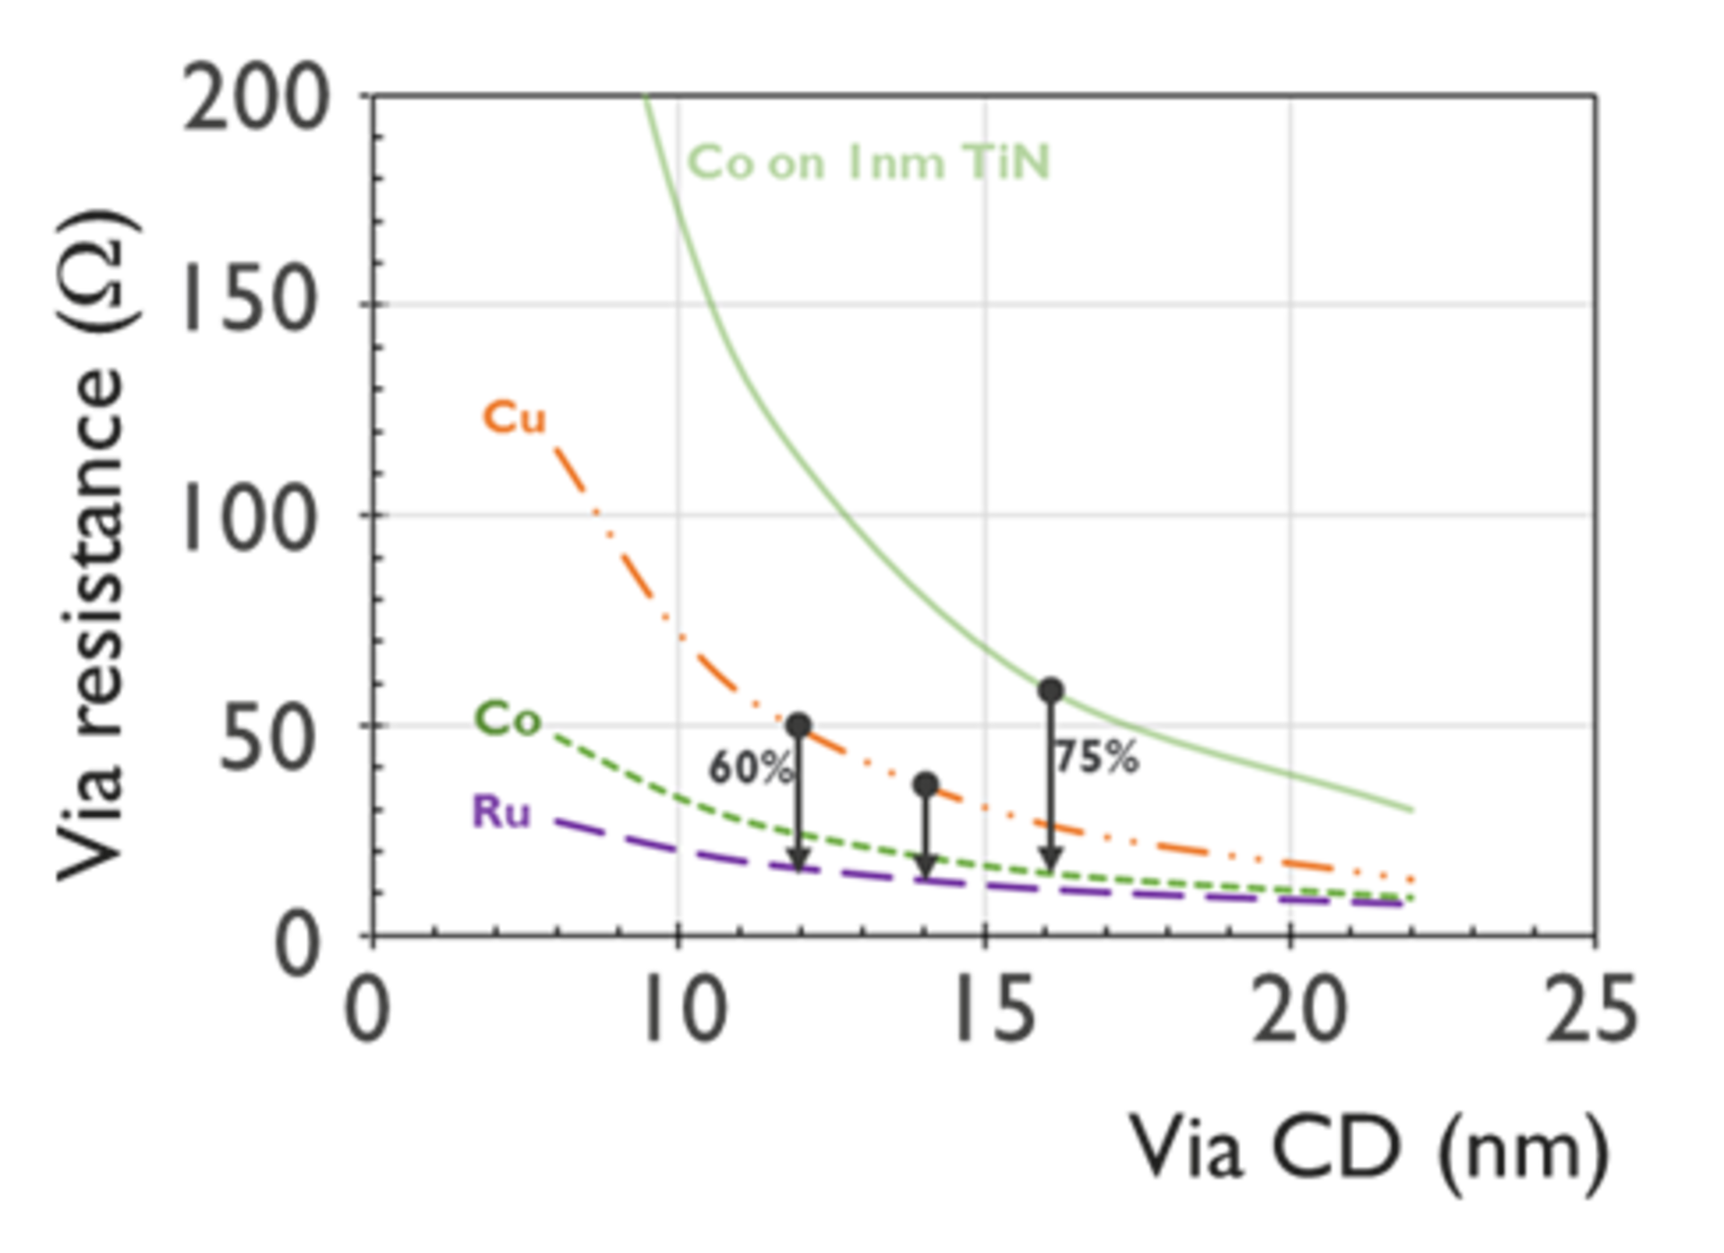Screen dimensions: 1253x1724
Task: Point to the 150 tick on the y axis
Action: [251, 296]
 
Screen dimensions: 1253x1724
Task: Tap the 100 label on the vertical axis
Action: [251, 516]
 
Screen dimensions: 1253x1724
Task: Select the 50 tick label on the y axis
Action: [268, 736]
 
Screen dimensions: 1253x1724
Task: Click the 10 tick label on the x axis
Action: [687, 1010]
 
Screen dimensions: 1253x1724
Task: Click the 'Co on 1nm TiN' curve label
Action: [868, 163]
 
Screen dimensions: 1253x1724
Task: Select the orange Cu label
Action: [515, 418]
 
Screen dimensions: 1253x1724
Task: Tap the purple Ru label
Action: [502, 812]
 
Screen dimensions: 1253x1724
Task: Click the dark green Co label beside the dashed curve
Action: [508, 719]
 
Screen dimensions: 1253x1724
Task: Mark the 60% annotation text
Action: [751, 767]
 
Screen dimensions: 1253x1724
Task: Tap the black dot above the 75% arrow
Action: [1051, 690]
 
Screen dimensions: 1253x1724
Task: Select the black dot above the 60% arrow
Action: [798, 725]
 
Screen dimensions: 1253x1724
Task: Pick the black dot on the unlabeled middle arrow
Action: [926, 785]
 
